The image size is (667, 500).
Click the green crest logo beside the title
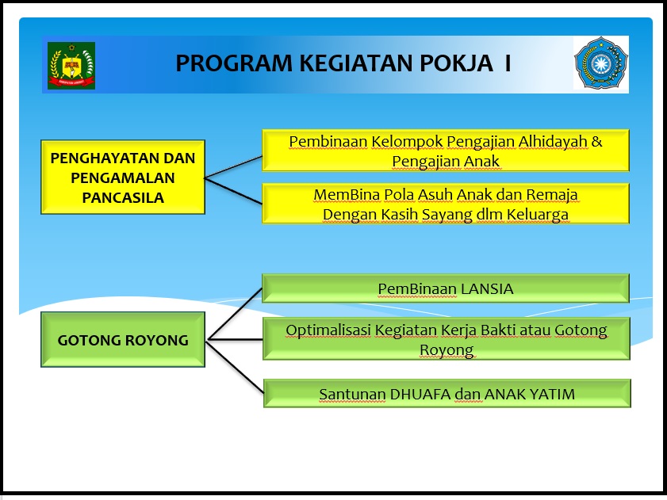pos(71,66)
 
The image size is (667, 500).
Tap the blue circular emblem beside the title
pos(600,63)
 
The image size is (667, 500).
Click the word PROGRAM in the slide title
pos(234,63)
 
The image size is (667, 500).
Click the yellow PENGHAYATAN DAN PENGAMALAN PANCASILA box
pos(123,177)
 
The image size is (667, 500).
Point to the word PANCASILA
pos(123,198)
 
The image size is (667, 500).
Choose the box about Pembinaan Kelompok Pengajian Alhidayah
pos(446,150)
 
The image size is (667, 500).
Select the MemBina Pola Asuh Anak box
pos(446,203)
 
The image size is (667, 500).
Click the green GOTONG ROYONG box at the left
pos(123,339)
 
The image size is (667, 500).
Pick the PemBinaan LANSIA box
pos(446,288)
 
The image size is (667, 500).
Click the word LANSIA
pos(487,288)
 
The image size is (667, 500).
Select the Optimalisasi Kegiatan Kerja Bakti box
pos(447,339)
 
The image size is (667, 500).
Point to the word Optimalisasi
pos(328,330)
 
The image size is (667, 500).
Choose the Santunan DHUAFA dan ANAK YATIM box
pos(447,393)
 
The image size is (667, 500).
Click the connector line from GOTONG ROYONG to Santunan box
pos(235,367)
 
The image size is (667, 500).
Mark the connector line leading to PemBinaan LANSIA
pos(234,315)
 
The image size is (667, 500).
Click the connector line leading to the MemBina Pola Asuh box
pos(233,191)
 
